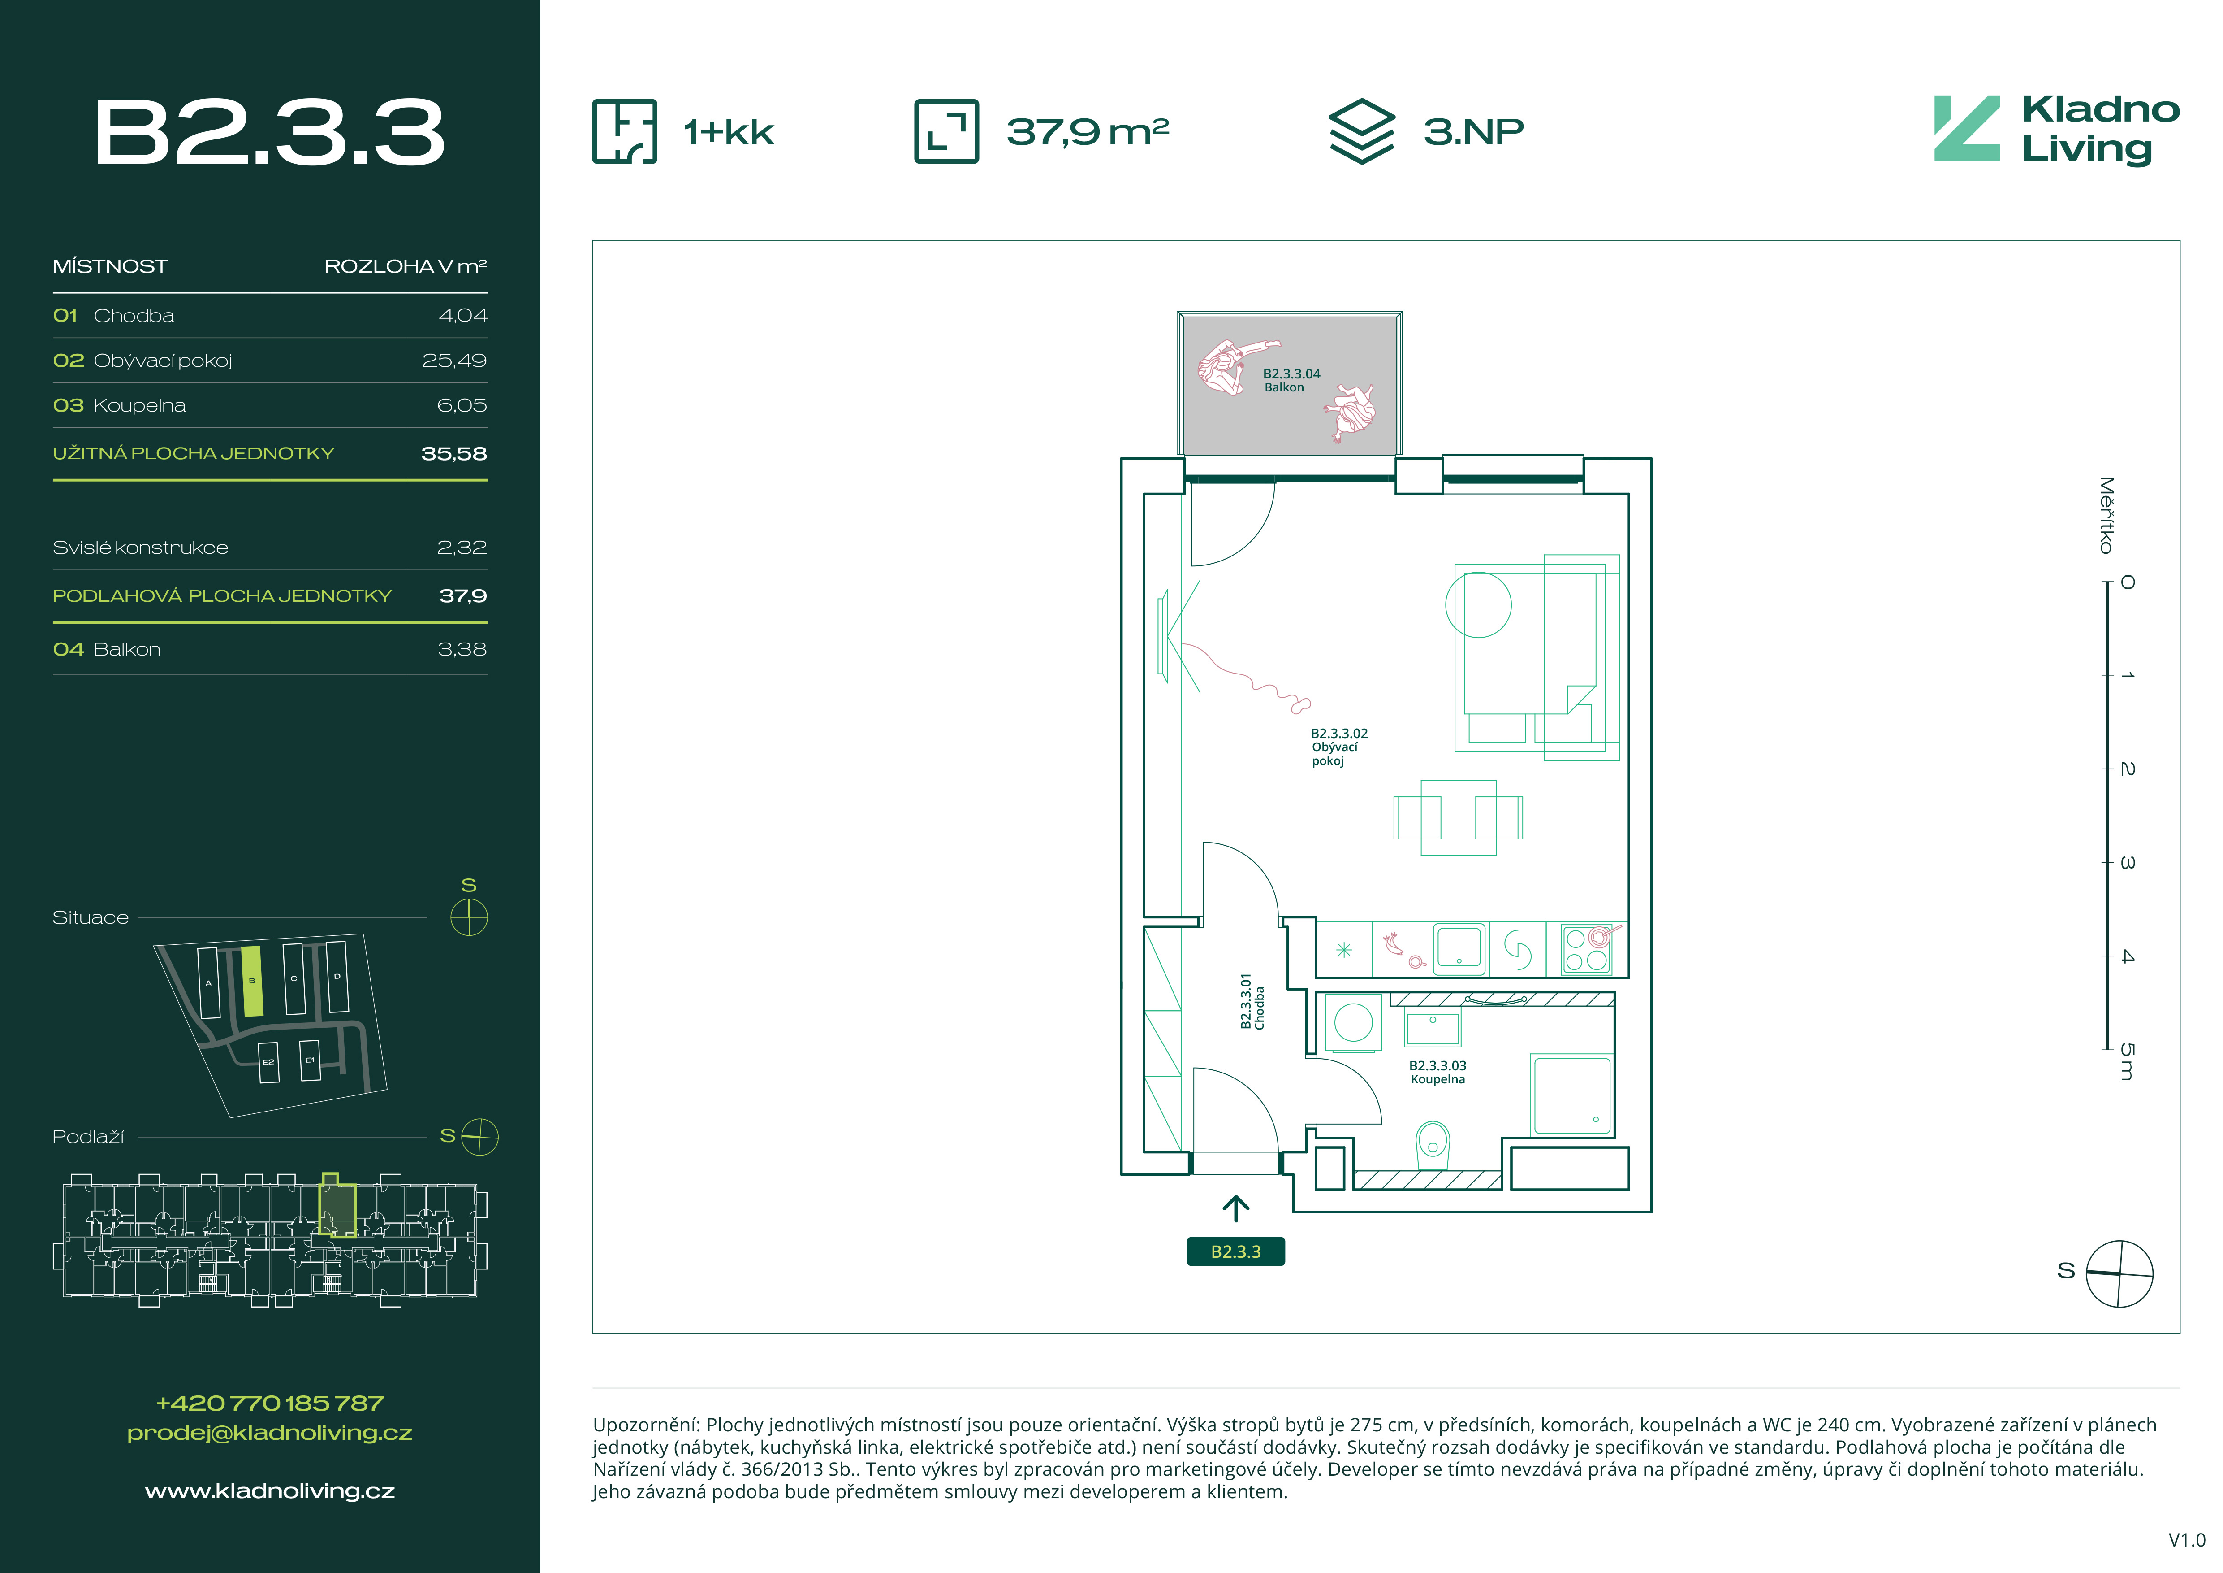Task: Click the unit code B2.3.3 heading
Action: point(269,133)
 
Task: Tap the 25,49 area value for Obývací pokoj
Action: point(454,361)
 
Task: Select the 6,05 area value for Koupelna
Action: point(462,405)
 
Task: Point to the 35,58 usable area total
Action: point(454,453)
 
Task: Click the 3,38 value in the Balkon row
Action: point(462,649)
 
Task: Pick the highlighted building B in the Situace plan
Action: point(252,981)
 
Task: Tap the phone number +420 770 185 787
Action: point(270,1403)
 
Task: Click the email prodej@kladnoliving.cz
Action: point(270,1433)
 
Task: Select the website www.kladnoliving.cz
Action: point(270,1490)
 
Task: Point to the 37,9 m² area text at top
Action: point(1087,131)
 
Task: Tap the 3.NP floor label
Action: point(1474,131)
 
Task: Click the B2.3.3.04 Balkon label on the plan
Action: point(1291,380)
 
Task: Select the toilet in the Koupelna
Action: point(1433,1145)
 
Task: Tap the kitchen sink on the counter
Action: point(1459,947)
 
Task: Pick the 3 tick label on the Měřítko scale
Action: point(2127,862)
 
